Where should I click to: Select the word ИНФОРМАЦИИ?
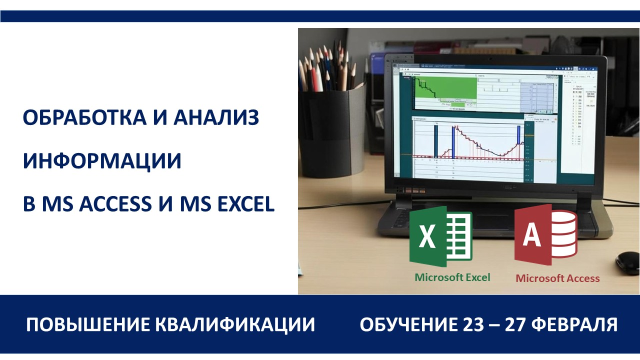coord(102,161)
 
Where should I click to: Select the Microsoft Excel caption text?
coord(452,277)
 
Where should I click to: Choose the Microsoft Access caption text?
coord(557,278)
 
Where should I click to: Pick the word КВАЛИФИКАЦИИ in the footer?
coord(235,325)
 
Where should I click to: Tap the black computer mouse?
coord(627,262)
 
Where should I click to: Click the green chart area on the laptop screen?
coord(445,89)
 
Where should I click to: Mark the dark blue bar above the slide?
coord(320,16)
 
